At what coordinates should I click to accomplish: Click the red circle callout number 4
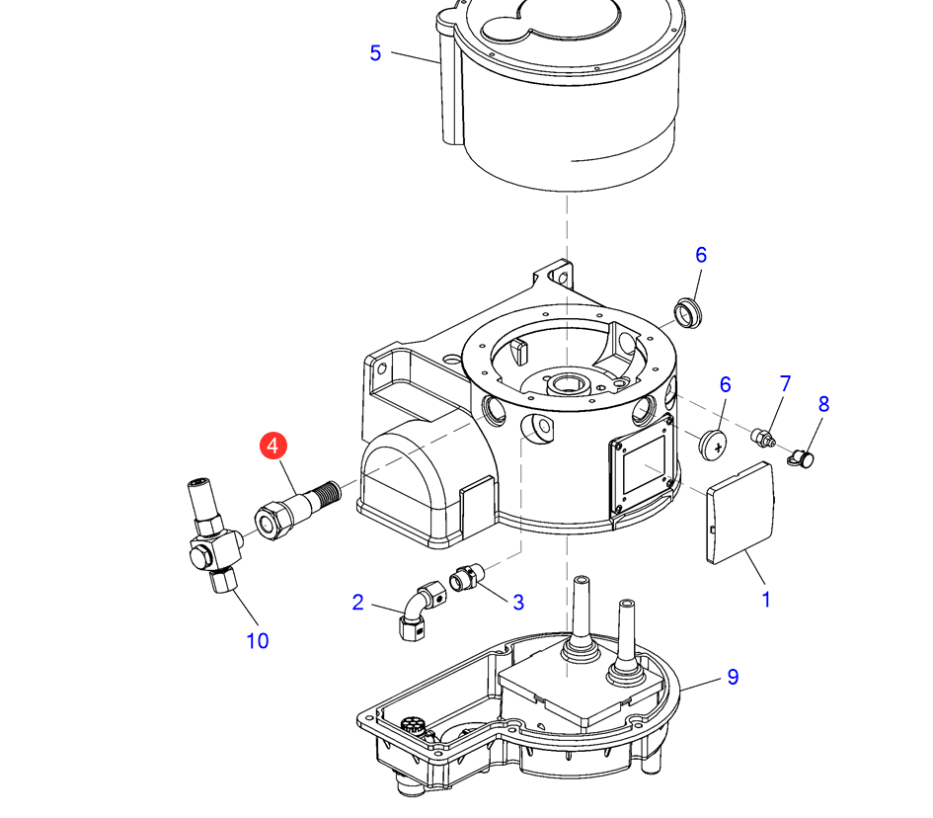[x=272, y=446]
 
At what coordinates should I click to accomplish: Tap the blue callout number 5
[x=375, y=53]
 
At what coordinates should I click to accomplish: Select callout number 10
[x=257, y=640]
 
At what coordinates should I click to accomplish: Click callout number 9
[x=733, y=677]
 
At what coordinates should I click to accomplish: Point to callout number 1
[x=765, y=599]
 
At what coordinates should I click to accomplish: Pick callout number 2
[x=357, y=602]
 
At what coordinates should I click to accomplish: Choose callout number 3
[x=517, y=602]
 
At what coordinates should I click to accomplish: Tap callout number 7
[x=786, y=382]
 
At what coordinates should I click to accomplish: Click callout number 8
[x=823, y=404]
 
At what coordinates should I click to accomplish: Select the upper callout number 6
[x=701, y=255]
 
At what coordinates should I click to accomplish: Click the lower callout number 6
[x=725, y=384]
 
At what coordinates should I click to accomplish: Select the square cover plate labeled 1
[x=741, y=513]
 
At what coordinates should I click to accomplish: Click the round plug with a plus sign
[x=712, y=444]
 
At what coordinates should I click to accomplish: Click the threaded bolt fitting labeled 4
[x=297, y=504]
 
